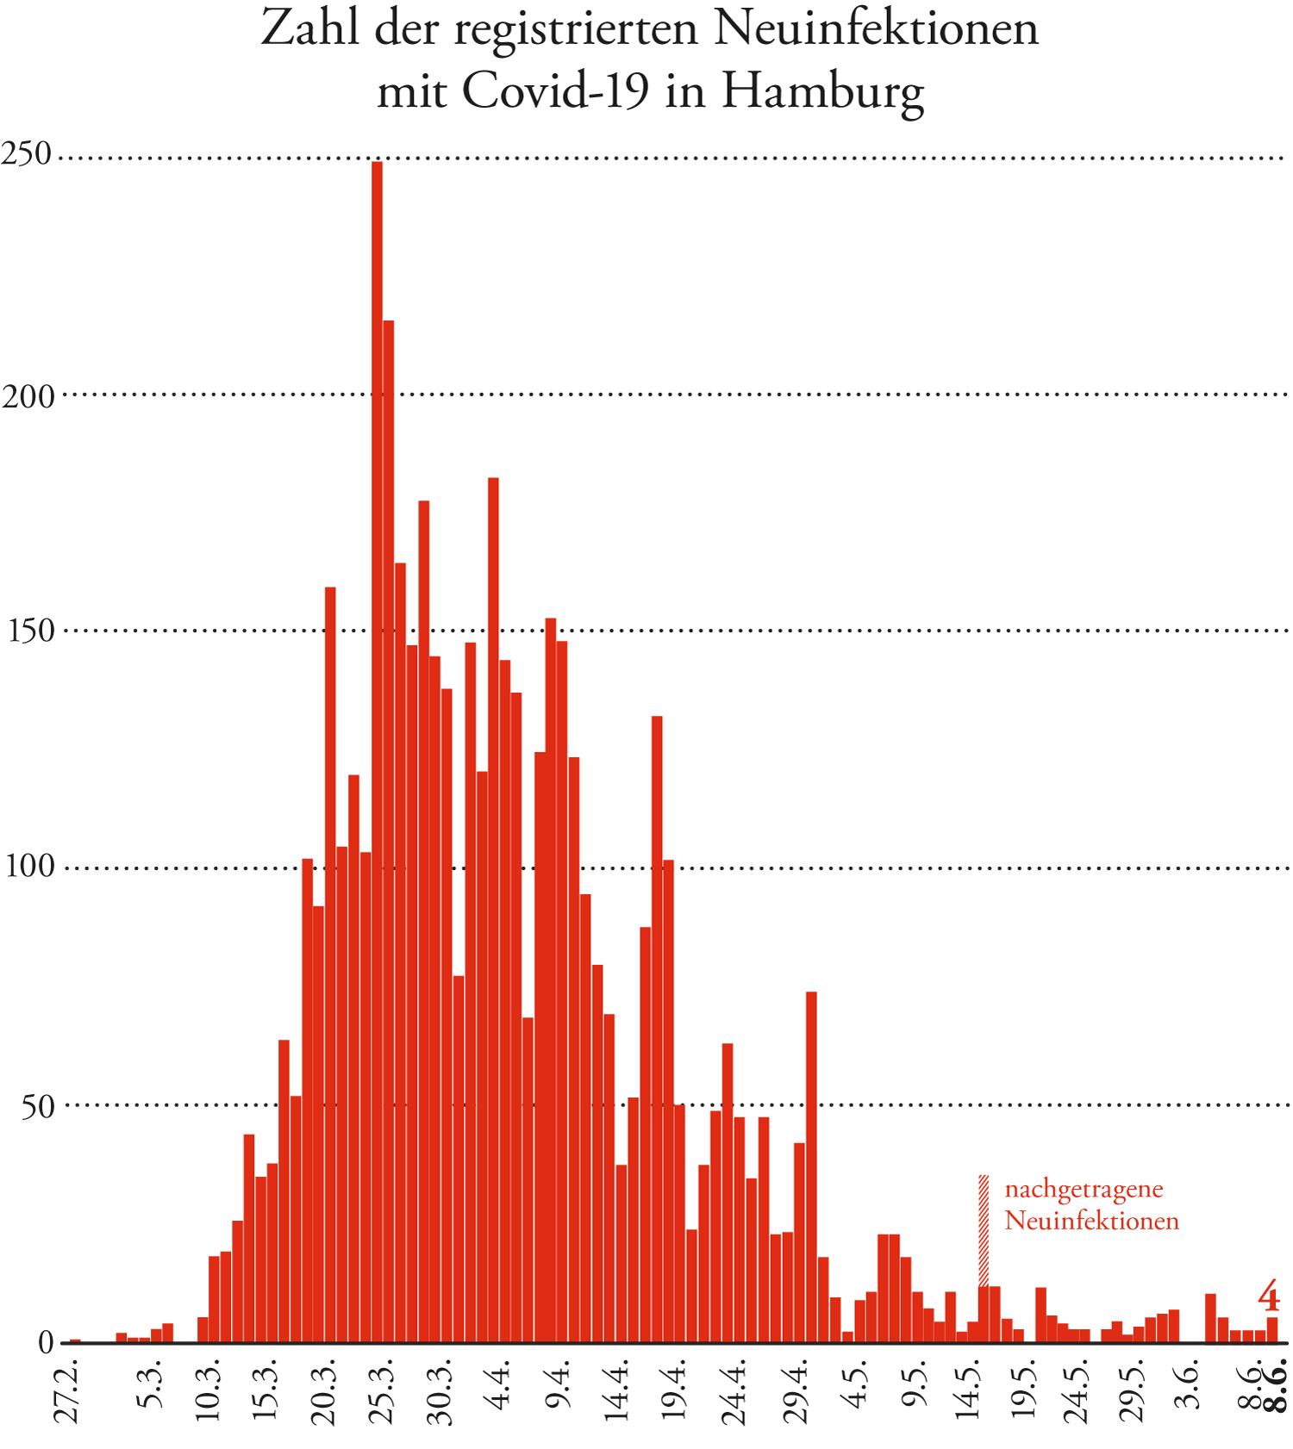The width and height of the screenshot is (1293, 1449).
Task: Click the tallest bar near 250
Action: pyautogui.click(x=377, y=749)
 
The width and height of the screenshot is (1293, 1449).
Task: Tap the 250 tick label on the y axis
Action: pyautogui.click(x=28, y=155)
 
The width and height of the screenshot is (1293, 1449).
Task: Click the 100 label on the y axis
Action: pyautogui.click(x=29, y=867)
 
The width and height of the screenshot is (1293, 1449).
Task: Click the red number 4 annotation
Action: pyautogui.click(x=1268, y=1296)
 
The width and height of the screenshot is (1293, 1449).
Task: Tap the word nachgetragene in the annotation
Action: pyautogui.click(x=1084, y=1190)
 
